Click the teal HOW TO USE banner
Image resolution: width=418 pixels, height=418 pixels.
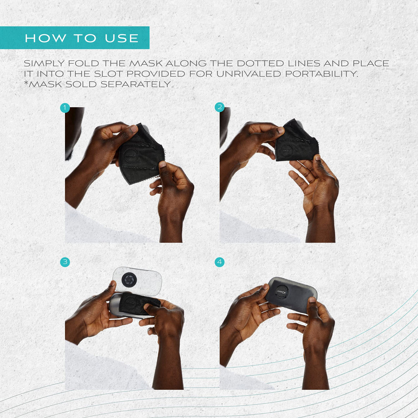coord(75,38)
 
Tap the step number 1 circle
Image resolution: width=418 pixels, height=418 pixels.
coord(65,108)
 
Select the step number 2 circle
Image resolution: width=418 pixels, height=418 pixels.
coord(219,107)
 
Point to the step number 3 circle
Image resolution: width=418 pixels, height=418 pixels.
coord(65,262)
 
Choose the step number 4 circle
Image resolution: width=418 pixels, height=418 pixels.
coord(219,262)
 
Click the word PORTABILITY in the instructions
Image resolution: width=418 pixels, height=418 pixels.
coord(321,74)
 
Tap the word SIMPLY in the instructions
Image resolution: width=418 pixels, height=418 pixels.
coord(44,63)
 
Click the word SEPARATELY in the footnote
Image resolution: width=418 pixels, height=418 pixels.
coord(135,84)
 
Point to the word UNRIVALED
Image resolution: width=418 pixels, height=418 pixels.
coord(248,74)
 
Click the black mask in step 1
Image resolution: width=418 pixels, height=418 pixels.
coord(141,154)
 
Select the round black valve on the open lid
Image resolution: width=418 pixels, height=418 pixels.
coord(129,280)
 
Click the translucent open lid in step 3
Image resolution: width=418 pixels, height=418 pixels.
coord(137,281)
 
